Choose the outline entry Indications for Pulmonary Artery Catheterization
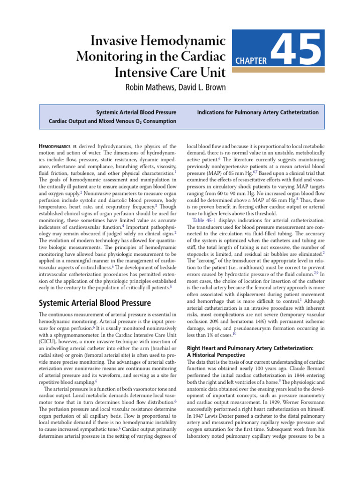tap(258, 112)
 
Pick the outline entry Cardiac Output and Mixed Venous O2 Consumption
tap(112, 121)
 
